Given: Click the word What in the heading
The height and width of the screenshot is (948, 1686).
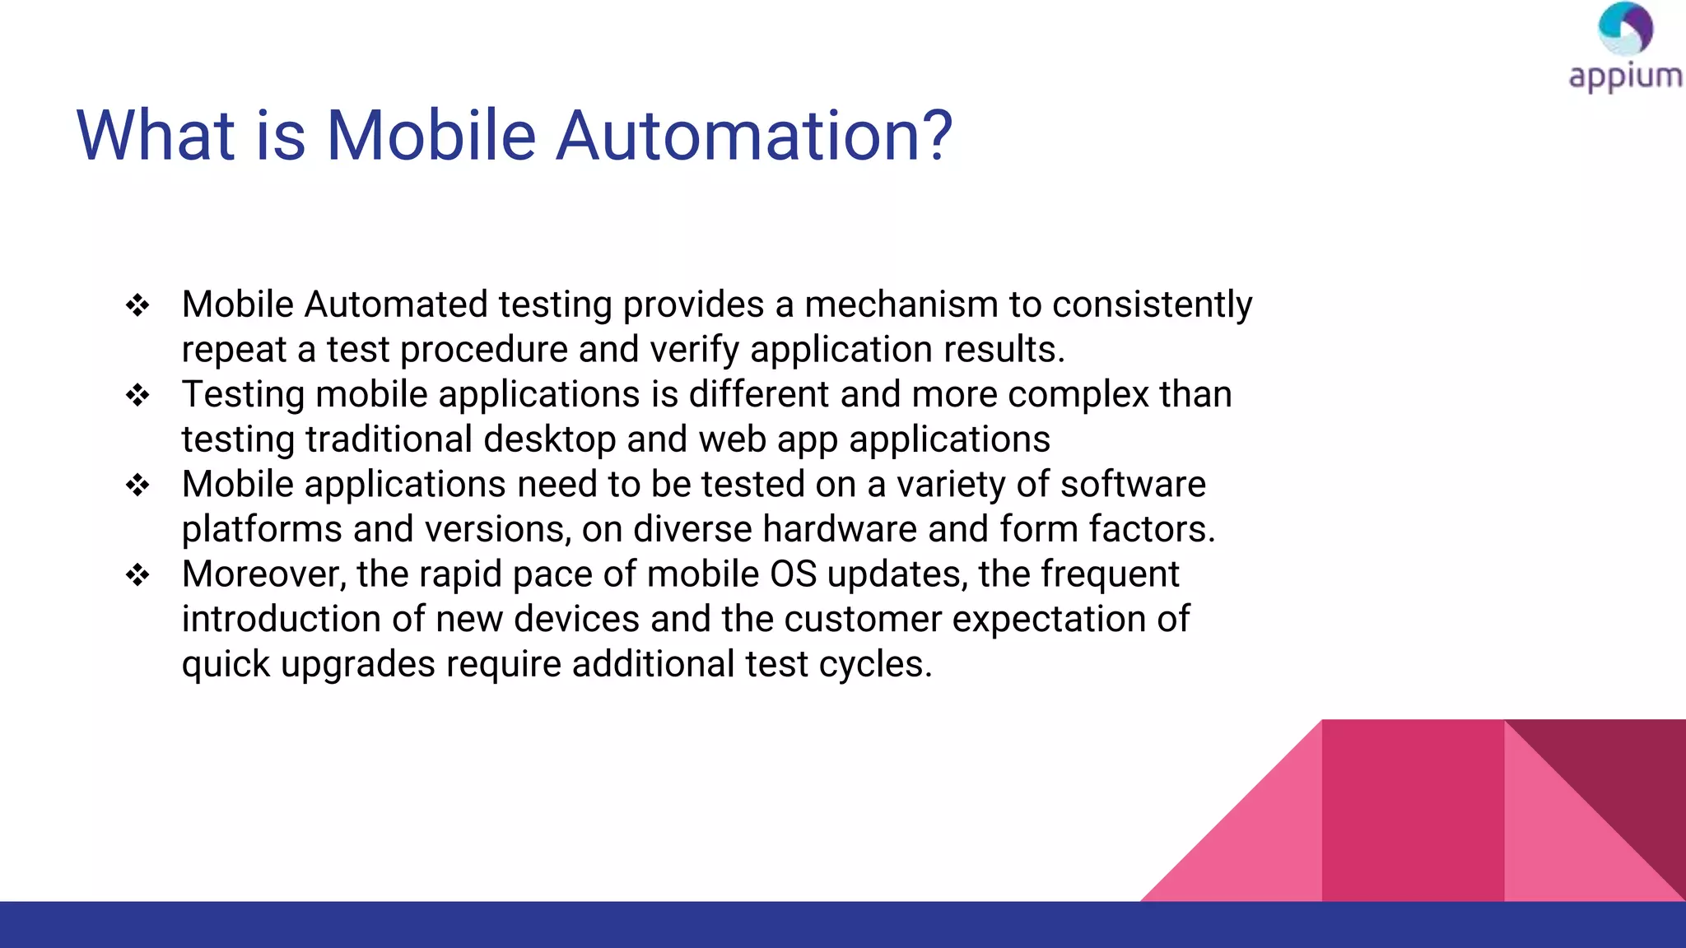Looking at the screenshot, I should [156, 136].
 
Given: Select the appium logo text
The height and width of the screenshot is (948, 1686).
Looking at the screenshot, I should [1625, 77].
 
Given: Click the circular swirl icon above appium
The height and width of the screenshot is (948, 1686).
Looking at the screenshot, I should [1625, 29].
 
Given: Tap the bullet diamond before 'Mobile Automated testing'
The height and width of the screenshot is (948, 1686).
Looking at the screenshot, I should [137, 306].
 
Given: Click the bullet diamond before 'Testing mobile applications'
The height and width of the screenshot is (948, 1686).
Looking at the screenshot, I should [137, 396].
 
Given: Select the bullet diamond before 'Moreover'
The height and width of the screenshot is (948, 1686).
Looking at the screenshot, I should [137, 575].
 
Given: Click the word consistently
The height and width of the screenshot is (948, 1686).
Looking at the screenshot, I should [1152, 304].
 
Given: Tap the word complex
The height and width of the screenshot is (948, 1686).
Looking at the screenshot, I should [1078, 394].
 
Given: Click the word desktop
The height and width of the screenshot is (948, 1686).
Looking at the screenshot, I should [549, 439].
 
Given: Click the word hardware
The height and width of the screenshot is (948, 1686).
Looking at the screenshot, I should [840, 529].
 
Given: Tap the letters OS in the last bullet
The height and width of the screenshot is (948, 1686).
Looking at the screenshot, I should [793, 574].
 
